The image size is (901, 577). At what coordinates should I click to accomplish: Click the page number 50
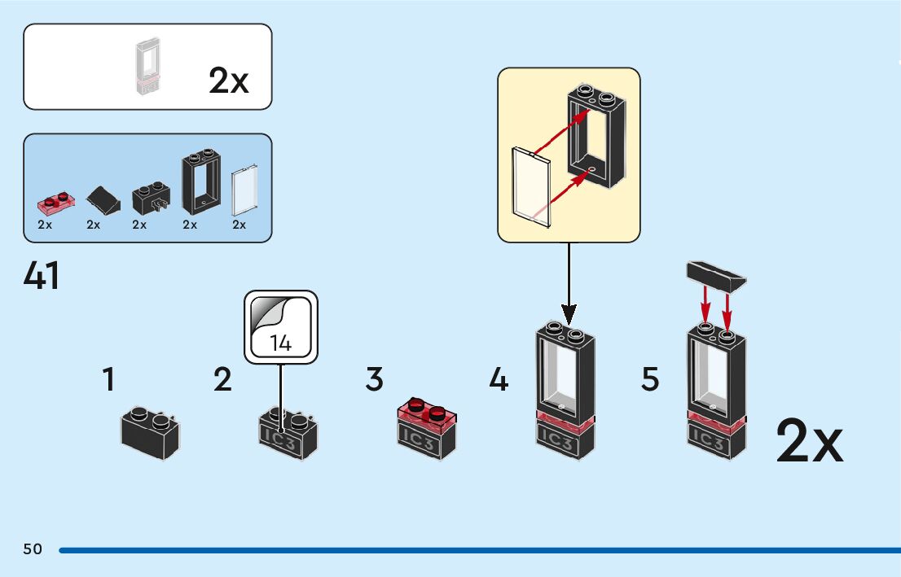(33, 549)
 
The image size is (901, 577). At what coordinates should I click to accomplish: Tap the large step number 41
(42, 276)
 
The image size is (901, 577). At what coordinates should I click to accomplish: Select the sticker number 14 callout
(281, 327)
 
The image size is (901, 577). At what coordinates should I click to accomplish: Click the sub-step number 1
(108, 380)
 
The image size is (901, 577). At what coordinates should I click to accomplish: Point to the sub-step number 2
(222, 380)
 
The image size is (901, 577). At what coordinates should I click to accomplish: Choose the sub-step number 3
(374, 380)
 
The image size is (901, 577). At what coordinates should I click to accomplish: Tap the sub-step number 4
(499, 380)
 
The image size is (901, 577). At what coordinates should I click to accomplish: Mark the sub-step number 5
(650, 380)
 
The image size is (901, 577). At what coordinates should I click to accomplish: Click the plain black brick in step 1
(150, 434)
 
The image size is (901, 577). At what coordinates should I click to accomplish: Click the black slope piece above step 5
(716, 277)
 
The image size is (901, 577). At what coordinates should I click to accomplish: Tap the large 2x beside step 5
(809, 441)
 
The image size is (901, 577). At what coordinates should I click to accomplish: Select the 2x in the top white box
(228, 81)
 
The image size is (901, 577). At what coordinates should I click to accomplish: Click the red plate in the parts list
(55, 203)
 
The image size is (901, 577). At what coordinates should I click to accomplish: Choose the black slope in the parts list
(103, 200)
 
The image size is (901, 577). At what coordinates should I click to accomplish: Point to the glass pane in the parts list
(244, 190)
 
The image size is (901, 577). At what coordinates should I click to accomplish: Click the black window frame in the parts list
(201, 181)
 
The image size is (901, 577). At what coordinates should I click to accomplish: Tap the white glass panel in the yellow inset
(531, 187)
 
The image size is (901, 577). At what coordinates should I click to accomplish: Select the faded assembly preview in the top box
(147, 66)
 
